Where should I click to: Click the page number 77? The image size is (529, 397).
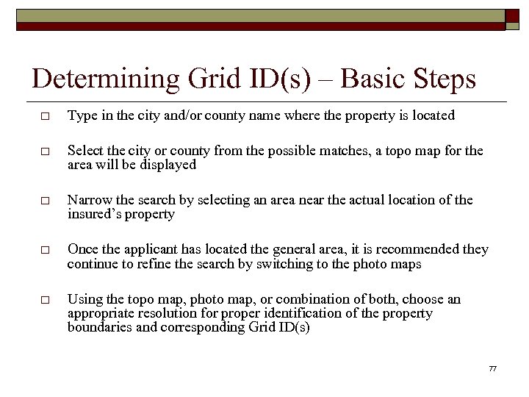492,368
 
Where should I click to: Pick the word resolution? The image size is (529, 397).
154,313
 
